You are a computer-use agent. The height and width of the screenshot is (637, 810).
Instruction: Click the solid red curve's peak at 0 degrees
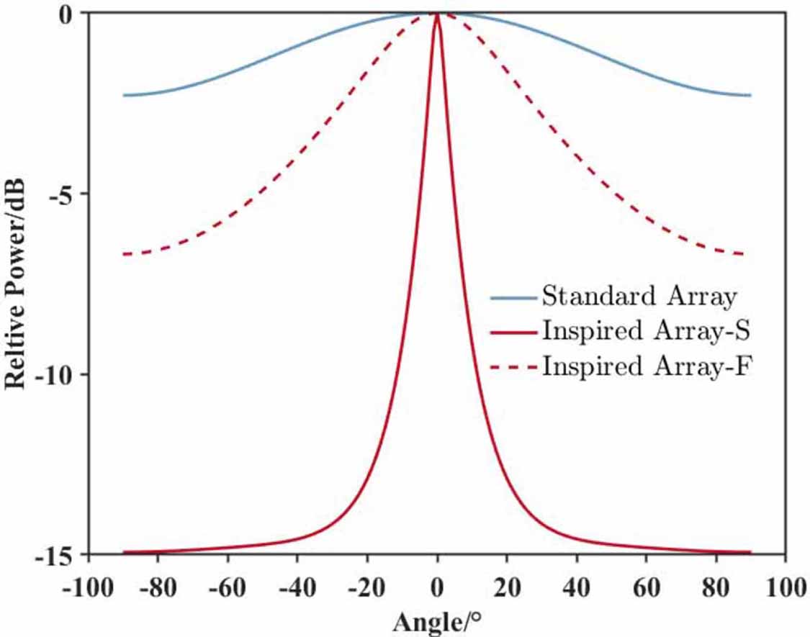click(437, 14)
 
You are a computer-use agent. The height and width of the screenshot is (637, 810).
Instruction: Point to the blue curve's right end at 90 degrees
click(750, 95)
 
